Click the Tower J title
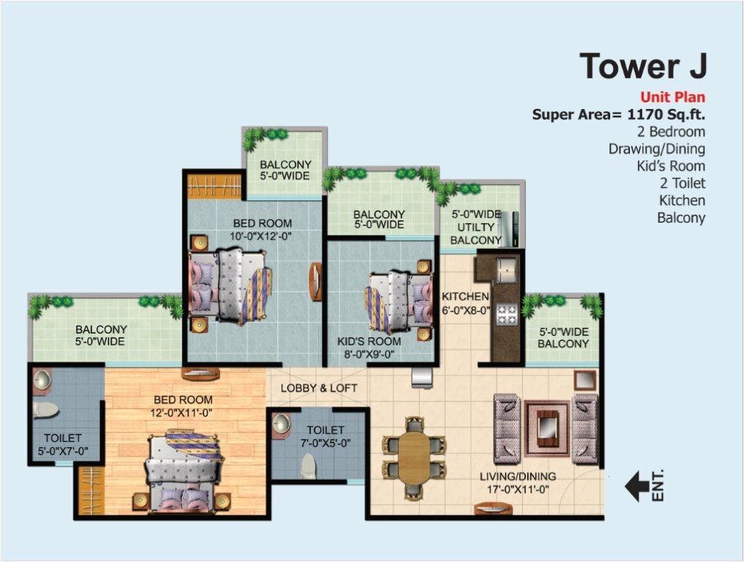643,66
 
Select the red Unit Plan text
672,97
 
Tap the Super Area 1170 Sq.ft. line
618,114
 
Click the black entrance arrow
636,485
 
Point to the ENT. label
657,485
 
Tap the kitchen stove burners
507,314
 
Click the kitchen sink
506,270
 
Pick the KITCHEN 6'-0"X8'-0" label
465,303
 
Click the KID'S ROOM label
369,348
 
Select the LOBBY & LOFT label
319,388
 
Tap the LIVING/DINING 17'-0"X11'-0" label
519,482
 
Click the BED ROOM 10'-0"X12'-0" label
262,230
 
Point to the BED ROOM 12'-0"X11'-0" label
183,406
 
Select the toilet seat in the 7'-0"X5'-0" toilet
308,463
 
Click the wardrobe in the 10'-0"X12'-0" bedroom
214,186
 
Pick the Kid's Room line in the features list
671,166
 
